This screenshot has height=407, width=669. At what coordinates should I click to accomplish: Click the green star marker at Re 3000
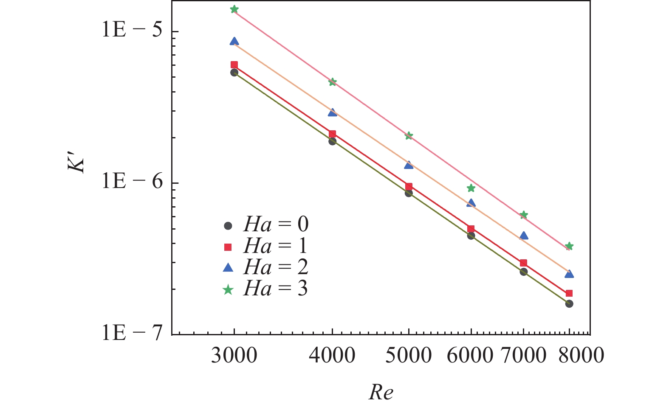234,9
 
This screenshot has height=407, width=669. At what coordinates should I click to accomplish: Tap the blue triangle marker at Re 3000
234,41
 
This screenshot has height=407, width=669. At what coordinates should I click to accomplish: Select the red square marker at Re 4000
332,134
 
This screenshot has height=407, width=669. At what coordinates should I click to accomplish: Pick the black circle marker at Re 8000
569,304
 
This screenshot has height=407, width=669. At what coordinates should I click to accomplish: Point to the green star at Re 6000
471,188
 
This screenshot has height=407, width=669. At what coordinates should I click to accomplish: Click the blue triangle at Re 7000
524,236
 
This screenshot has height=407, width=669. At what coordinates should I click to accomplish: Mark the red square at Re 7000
524,263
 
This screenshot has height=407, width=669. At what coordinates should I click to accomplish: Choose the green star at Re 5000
409,136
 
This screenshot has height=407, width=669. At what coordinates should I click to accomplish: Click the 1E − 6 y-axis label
133,182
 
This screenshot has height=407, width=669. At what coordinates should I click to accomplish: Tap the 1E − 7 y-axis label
133,334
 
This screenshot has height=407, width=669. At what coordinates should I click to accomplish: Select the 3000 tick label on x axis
234,355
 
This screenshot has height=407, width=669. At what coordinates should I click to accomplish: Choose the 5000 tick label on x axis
409,355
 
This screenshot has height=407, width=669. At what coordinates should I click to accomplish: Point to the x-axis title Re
381,393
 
